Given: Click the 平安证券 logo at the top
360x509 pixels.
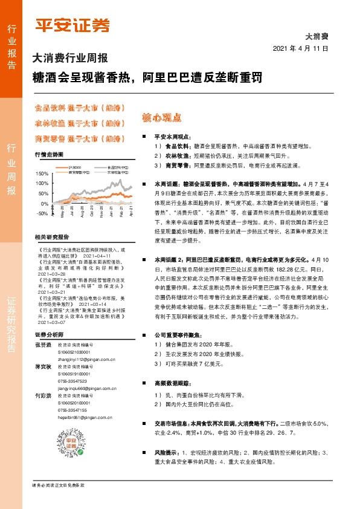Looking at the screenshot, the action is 72,26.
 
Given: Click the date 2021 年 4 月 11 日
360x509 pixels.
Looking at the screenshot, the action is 300,48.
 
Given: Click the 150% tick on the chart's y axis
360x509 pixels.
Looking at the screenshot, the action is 41,174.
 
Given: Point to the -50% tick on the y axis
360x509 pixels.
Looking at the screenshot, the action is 41,213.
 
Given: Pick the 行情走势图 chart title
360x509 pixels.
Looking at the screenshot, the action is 50,155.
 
